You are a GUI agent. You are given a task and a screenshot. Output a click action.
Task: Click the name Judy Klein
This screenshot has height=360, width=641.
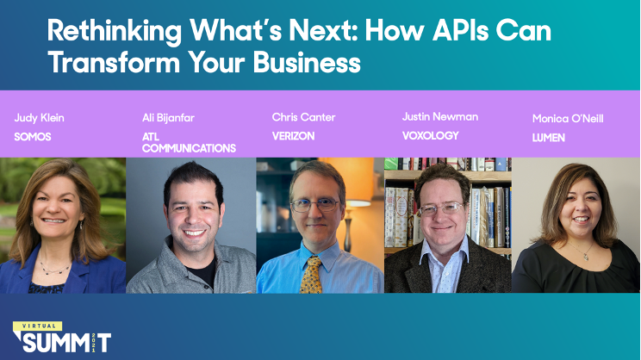[x=38, y=118]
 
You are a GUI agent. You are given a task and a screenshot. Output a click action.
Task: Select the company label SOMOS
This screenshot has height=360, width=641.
[x=33, y=137]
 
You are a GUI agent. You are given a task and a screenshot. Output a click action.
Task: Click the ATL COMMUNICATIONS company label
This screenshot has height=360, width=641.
[x=189, y=142]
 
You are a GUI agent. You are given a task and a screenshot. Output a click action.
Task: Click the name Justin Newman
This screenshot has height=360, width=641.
[x=440, y=116]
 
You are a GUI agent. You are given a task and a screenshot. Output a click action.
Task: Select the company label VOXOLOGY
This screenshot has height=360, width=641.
[x=431, y=135]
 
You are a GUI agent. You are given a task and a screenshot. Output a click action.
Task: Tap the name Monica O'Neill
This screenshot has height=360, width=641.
[x=569, y=119]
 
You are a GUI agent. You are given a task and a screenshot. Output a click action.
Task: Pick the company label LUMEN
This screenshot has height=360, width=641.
[x=549, y=138]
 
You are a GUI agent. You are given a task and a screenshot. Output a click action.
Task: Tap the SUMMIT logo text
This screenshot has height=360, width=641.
[x=66, y=343]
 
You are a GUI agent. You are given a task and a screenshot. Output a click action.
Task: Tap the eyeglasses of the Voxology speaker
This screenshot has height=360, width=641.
[x=441, y=208]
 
